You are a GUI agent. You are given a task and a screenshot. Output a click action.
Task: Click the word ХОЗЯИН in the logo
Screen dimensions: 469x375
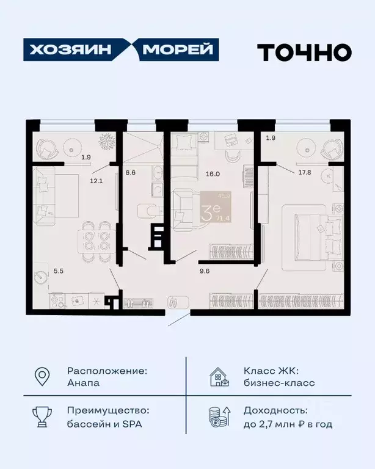coord(69,50)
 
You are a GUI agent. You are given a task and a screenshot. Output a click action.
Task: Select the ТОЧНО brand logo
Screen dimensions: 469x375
coord(304,52)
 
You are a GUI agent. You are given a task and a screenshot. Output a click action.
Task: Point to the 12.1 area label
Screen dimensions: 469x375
coord(96,181)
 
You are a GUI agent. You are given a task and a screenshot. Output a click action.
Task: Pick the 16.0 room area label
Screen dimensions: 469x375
coord(212,173)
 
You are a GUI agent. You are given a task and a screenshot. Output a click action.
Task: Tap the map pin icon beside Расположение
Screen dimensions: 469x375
coord(41,377)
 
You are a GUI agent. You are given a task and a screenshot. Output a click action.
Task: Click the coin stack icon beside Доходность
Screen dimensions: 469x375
coord(218,418)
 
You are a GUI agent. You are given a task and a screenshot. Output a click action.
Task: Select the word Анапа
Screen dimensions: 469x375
coord(83,383)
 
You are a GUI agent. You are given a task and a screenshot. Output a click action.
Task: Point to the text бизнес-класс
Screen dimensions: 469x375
coord(279,383)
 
